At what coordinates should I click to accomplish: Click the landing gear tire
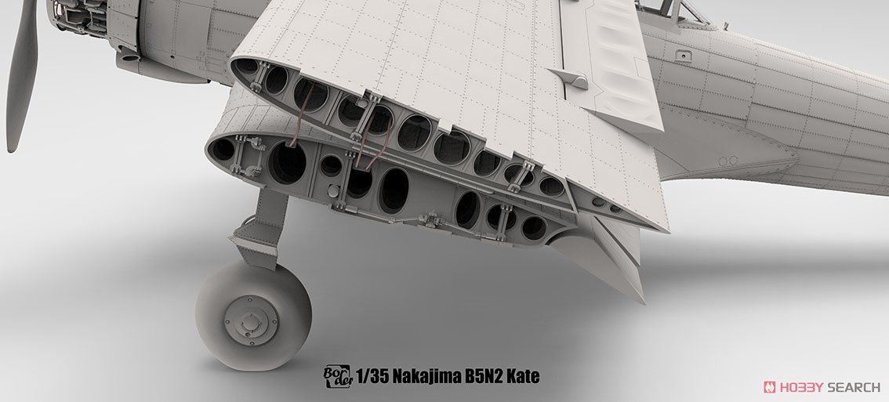pos(253,315)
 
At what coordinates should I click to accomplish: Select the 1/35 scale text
pos(372,376)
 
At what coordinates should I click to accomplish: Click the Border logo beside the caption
pos(337,376)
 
